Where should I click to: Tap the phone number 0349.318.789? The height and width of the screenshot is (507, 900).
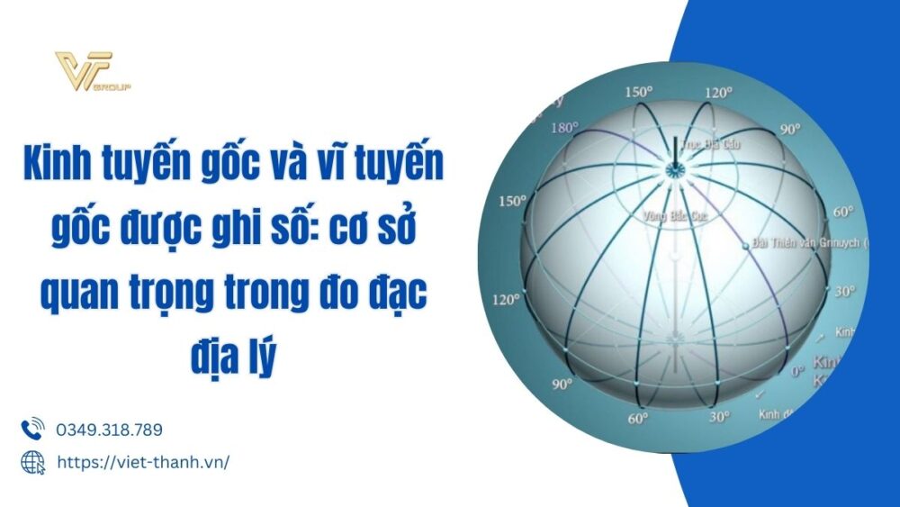point(109,430)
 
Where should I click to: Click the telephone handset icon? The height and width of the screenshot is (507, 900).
point(32,429)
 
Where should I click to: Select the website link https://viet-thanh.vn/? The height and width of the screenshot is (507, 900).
point(143,462)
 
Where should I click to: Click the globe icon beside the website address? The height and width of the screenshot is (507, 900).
point(32,462)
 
